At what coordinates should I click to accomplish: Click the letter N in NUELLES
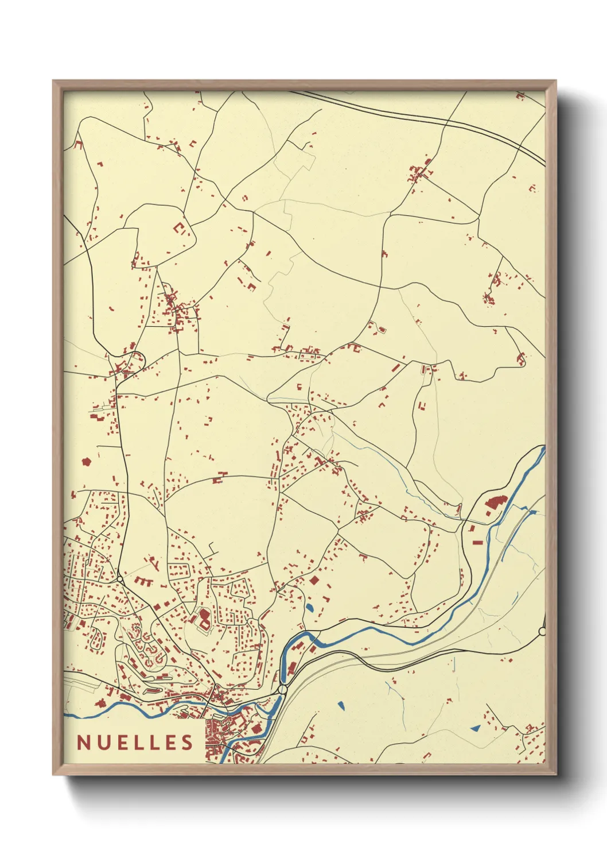coord(83,743)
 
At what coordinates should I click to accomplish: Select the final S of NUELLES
coord(188,743)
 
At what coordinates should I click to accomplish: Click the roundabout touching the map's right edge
coord(542,632)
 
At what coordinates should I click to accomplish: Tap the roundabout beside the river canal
coord(282,689)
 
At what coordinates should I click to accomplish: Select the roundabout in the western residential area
coord(119,578)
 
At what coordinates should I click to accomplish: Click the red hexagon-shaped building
coord(87,461)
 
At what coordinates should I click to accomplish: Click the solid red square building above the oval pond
coord(314,580)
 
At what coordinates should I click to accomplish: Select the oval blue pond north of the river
coord(310,608)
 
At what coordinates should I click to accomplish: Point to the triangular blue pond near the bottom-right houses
coord(475,728)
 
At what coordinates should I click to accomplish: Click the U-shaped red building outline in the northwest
coord(180,228)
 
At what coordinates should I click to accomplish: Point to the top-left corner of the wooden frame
coord(53,81)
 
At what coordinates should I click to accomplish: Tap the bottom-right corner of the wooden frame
coord(555,774)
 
